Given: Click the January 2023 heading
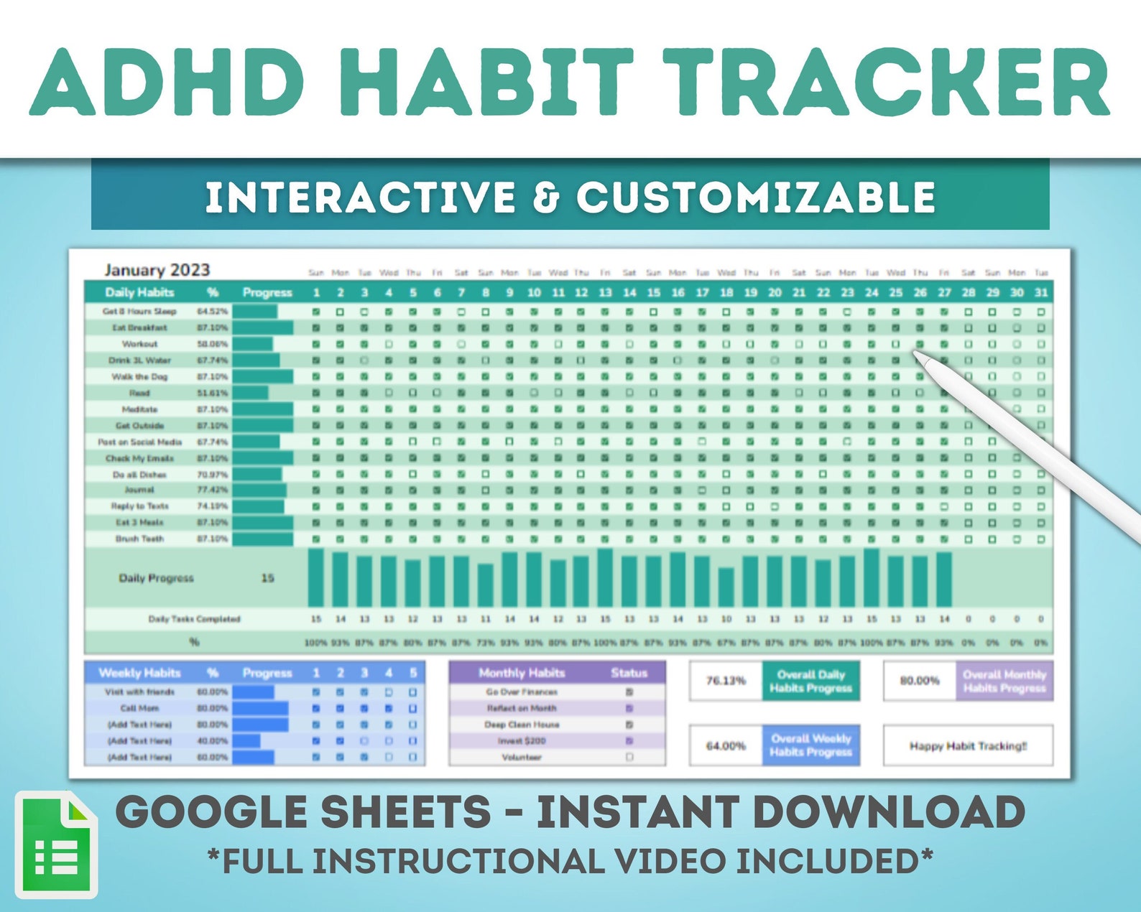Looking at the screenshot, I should (157, 270).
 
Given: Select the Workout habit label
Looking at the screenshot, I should (139, 344).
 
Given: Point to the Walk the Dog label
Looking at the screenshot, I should (139, 376).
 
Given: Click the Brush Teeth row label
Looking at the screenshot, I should (139, 539).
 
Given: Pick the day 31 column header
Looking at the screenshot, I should (1040, 292).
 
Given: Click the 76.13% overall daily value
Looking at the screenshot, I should (726, 680).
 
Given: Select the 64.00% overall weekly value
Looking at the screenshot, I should (726, 746).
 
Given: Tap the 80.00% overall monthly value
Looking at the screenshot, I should (920, 680).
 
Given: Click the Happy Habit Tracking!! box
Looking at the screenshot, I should (968, 746).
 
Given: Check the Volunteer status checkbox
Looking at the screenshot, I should (629, 757).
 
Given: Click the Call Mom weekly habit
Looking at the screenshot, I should (139, 708).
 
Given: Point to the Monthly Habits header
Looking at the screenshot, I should (522, 673).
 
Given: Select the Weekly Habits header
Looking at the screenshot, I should (139, 673).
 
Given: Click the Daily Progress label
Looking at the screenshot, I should (156, 578).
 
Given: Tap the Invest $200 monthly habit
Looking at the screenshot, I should (522, 740).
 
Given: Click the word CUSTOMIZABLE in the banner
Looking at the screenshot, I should (756, 197).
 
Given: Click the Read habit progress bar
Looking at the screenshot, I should (250, 393).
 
